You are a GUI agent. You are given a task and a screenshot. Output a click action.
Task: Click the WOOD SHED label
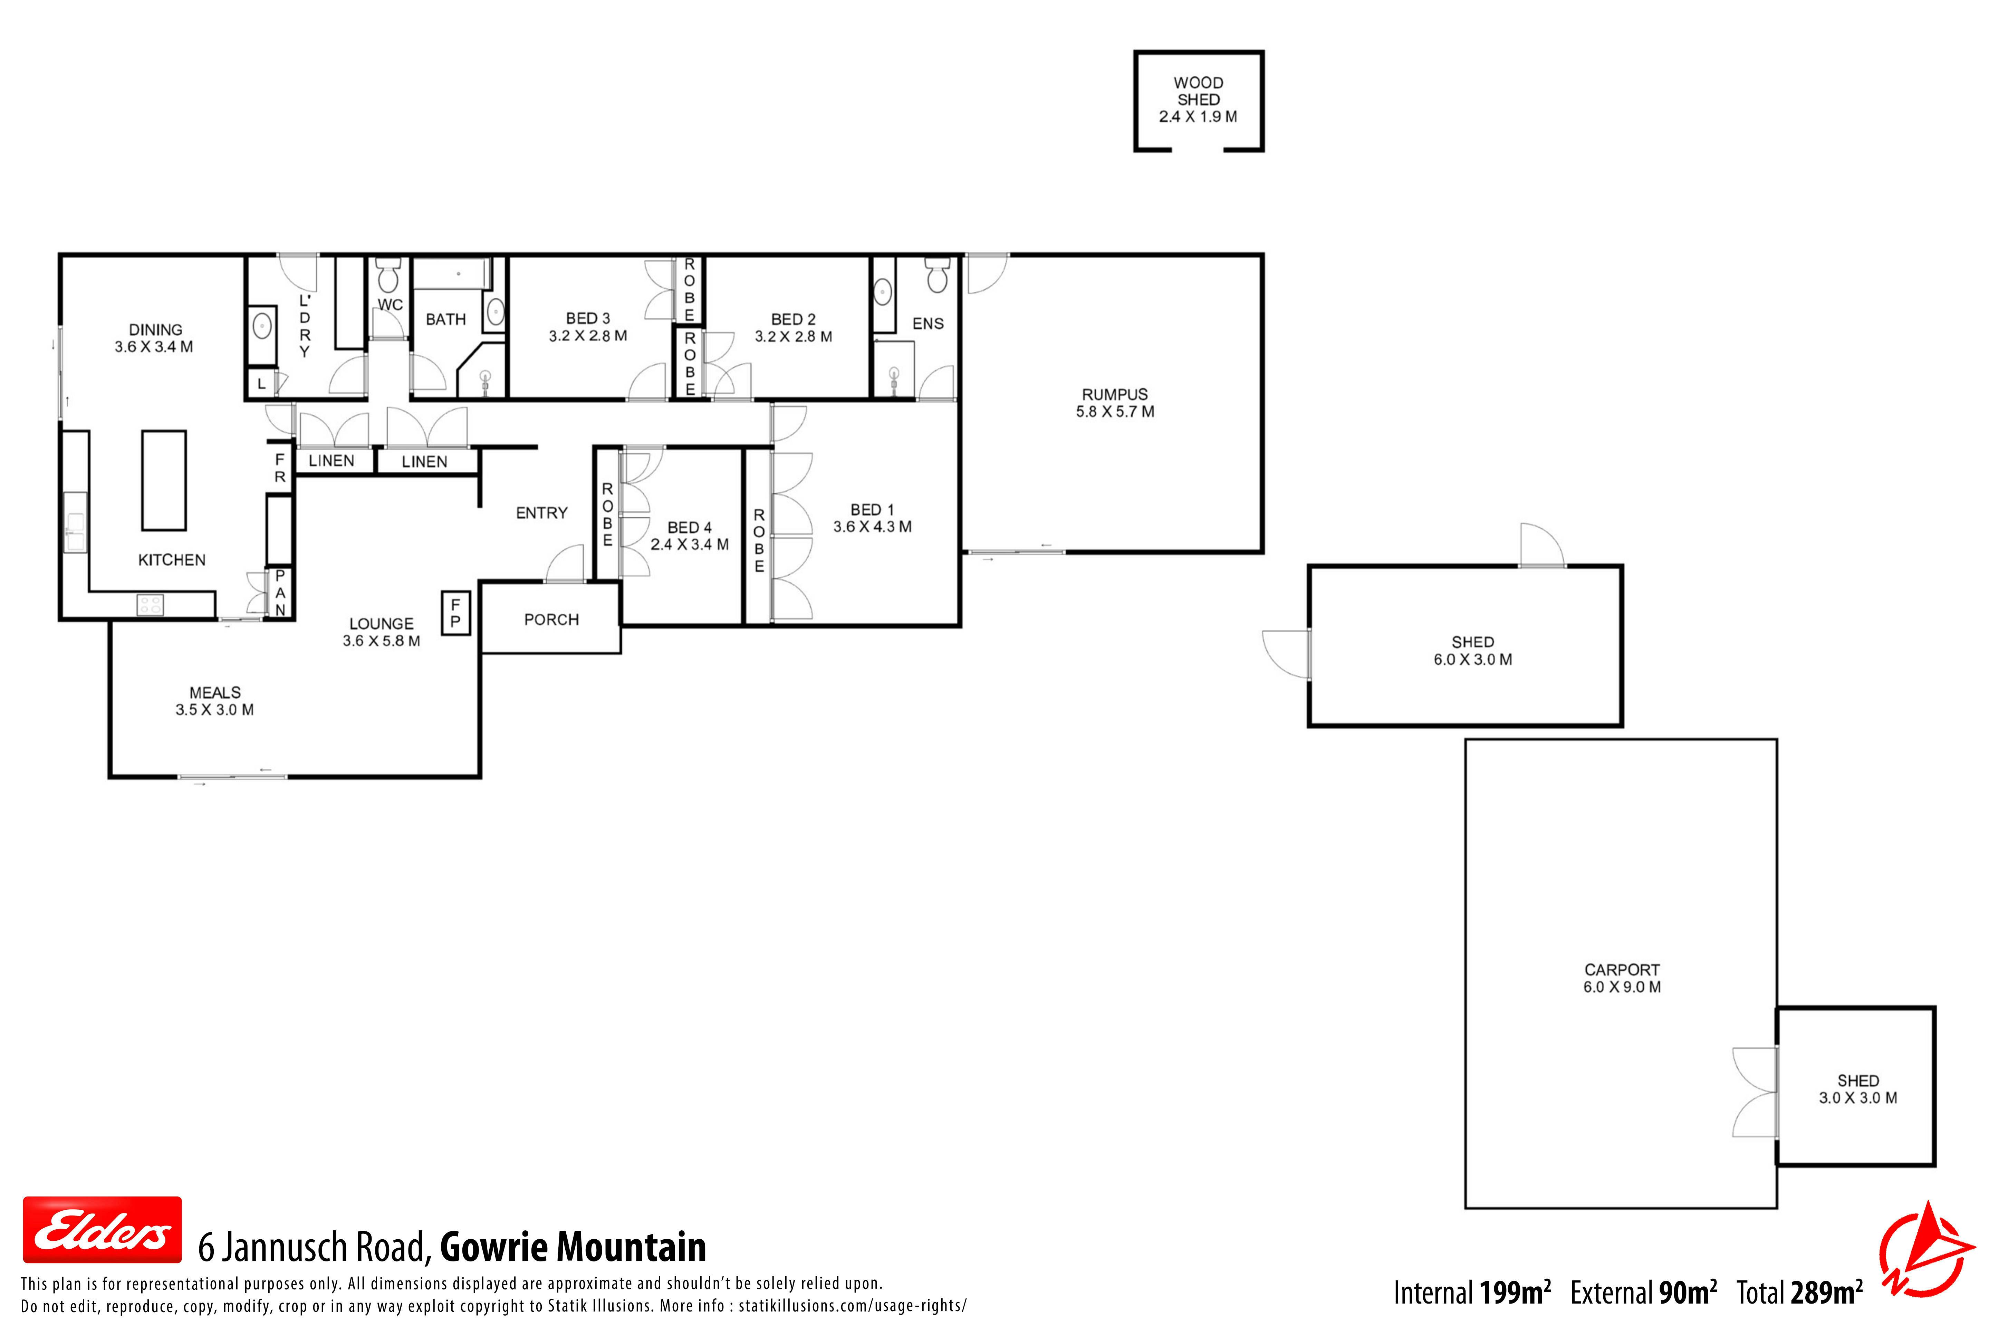coord(1198,90)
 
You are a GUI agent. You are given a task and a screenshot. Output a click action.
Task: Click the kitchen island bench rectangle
coord(164,480)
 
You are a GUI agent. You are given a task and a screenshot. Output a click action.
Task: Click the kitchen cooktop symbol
coord(151,605)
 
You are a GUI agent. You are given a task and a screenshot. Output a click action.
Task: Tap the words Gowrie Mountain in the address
coord(573,1247)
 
